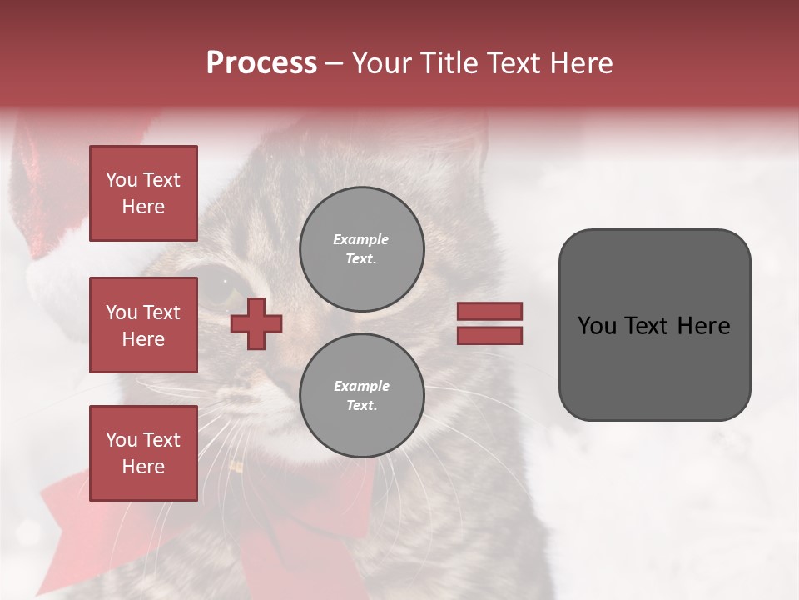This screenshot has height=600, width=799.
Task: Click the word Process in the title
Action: point(261,63)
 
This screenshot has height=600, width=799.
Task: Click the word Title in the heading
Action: point(448,63)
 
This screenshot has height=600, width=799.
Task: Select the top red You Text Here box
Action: point(143,193)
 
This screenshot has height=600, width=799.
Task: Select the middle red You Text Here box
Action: point(143,325)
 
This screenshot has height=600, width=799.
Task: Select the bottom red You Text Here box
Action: point(143,452)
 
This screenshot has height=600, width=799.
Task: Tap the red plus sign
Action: point(256,323)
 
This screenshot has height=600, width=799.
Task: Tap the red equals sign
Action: point(489,323)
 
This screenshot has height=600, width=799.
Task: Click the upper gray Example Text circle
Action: point(361,248)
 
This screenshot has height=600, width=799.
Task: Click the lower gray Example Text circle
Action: point(361,395)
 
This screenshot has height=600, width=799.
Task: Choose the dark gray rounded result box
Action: point(654,324)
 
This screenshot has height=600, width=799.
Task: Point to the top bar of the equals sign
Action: point(489,311)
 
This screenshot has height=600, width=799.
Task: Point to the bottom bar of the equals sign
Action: point(489,335)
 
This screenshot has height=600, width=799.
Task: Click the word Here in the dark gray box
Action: point(704,326)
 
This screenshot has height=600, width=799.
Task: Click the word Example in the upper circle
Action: point(360,239)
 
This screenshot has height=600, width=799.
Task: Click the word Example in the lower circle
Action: point(361,386)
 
